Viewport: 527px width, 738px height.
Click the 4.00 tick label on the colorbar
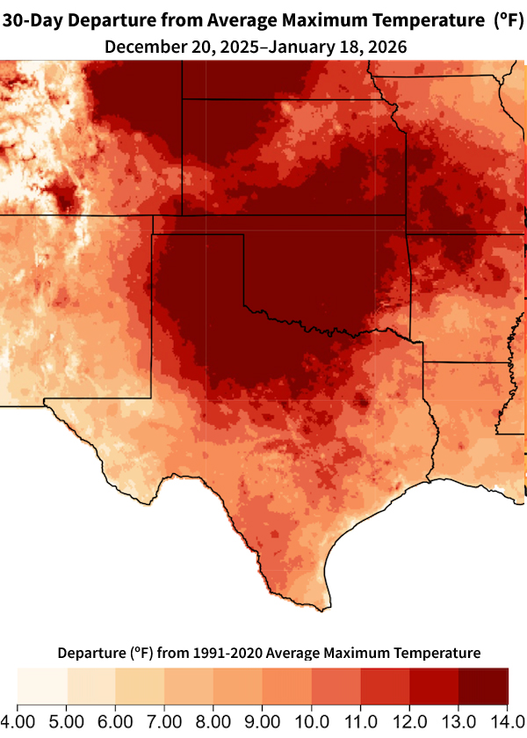tap(18, 721)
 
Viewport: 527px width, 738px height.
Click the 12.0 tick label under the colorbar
tap(410, 721)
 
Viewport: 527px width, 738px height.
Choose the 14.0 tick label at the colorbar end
tap(507, 721)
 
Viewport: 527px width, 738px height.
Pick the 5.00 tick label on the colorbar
tap(67, 721)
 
